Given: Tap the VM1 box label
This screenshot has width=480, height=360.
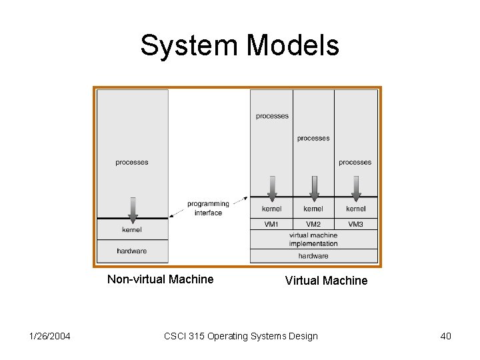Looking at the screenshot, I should pyautogui.click(x=271, y=224).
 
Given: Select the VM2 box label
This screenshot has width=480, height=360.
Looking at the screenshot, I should pyautogui.click(x=313, y=224).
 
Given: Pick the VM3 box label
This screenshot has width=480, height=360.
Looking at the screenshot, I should pyautogui.click(x=355, y=224).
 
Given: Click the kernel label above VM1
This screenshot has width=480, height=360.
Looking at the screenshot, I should pyautogui.click(x=271, y=209).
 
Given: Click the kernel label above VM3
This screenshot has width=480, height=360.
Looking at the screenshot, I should pyautogui.click(x=355, y=209).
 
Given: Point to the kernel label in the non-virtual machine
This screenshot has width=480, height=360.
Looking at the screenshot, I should pyautogui.click(x=132, y=230).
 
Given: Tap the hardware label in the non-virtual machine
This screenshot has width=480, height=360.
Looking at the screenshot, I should pyautogui.click(x=132, y=251).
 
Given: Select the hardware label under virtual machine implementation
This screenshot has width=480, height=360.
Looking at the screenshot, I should pyautogui.click(x=313, y=256).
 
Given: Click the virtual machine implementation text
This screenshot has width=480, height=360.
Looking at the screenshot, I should pyautogui.click(x=313, y=239).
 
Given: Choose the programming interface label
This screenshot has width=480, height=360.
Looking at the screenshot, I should pyautogui.click(x=208, y=208).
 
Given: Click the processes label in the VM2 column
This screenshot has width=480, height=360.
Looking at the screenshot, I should pyautogui.click(x=313, y=139).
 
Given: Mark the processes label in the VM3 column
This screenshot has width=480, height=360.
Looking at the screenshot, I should pyautogui.click(x=355, y=163).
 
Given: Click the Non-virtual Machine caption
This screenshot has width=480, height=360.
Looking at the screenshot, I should pyautogui.click(x=160, y=279).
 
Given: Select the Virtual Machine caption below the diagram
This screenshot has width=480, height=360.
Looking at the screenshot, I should pyautogui.click(x=326, y=281).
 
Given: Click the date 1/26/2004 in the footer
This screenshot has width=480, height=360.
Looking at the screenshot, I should pyautogui.click(x=51, y=336).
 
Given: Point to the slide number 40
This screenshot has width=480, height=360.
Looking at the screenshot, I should pyautogui.click(x=445, y=336).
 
